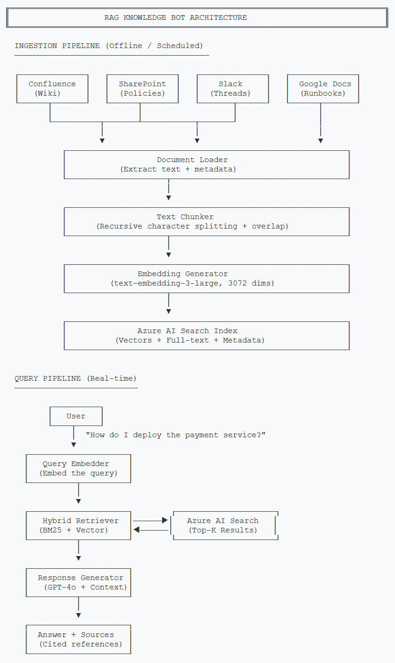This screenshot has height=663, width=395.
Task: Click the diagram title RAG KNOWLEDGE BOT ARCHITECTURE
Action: (175, 18)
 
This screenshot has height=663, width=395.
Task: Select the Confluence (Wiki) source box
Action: (52, 89)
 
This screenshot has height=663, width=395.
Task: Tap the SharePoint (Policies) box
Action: (142, 89)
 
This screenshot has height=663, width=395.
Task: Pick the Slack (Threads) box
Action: (232, 89)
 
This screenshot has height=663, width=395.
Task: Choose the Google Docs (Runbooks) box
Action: (323, 89)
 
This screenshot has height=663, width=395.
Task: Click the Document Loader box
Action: (206, 164)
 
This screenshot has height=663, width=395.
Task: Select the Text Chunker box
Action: (206, 221)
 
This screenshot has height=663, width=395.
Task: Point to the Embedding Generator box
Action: (206, 278)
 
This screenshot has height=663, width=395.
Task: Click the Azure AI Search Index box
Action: (206, 336)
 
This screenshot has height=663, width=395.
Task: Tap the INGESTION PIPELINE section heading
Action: (108, 46)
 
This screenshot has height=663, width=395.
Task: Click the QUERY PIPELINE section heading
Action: (75, 378)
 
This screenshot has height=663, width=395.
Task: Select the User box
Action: (76, 417)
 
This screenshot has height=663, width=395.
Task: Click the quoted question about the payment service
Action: (175, 435)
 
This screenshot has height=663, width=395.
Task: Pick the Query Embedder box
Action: (78, 468)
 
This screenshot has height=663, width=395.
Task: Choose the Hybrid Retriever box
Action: (78, 525)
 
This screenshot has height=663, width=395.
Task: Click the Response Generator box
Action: (78, 582)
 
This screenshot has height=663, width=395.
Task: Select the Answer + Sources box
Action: (78, 639)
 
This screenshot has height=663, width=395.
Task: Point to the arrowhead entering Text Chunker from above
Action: (169, 197)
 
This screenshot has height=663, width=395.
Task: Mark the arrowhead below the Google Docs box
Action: (321, 140)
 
